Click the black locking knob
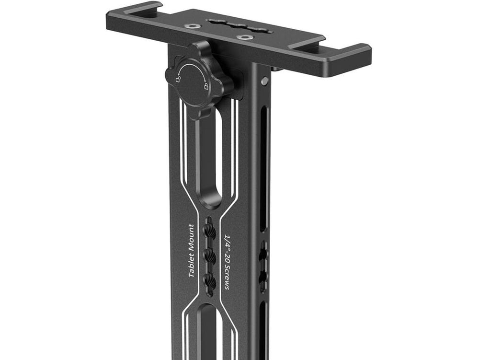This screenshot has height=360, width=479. point(199,80)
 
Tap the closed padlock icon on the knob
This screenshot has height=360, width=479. point(206,86)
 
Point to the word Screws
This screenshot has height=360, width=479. point(228,277)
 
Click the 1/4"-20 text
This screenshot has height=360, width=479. point(228,248)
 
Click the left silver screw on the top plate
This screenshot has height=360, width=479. point(192,26)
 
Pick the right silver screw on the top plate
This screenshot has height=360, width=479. point(243,38)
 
